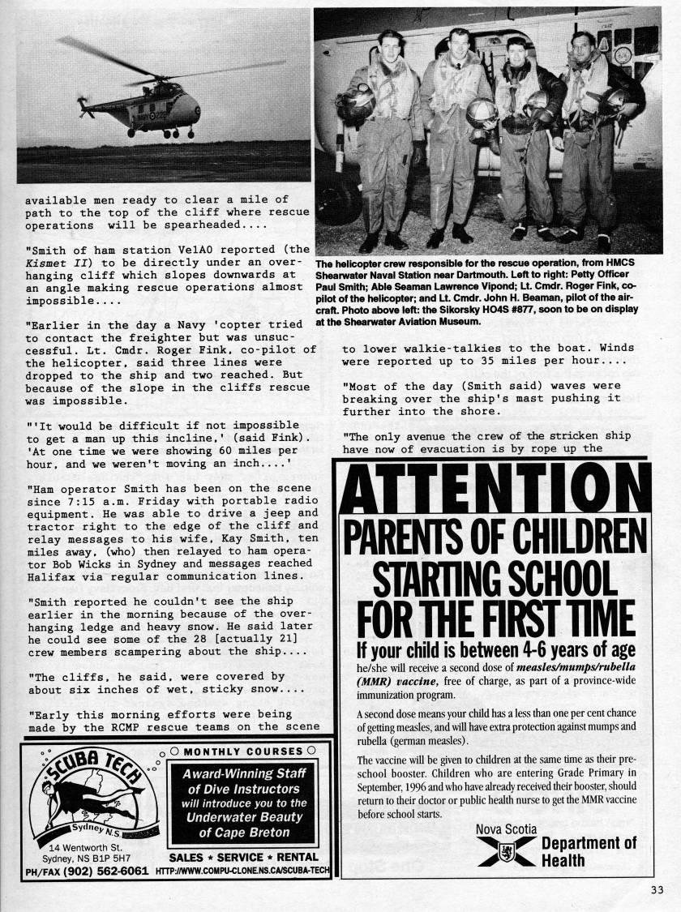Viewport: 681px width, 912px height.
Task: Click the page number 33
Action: click(x=657, y=889)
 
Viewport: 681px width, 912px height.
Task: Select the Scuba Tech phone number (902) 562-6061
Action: click(x=101, y=871)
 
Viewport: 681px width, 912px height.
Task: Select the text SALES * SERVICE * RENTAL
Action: click(x=243, y=857)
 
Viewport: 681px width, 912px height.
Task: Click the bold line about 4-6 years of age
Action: click(x=495, y=650)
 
